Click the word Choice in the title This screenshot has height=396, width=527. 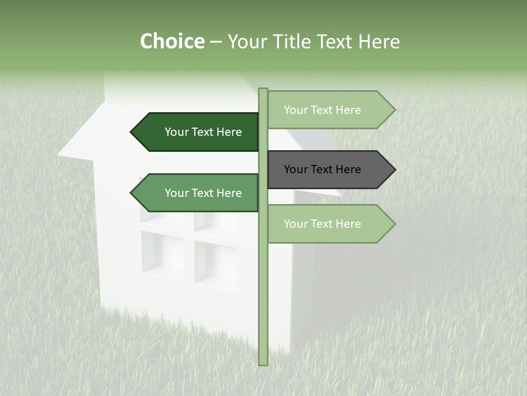click(172, 42)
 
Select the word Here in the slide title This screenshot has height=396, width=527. click(378, 42)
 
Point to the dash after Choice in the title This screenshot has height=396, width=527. click(216, 42)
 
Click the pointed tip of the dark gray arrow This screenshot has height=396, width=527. click(394, 169)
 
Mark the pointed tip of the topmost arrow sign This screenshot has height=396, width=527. click(394, 110)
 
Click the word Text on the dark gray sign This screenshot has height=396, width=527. click(322, 169)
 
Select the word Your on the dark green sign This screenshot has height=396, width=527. click(177, 132)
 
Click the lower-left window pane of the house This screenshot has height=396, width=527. click(162, 254)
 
